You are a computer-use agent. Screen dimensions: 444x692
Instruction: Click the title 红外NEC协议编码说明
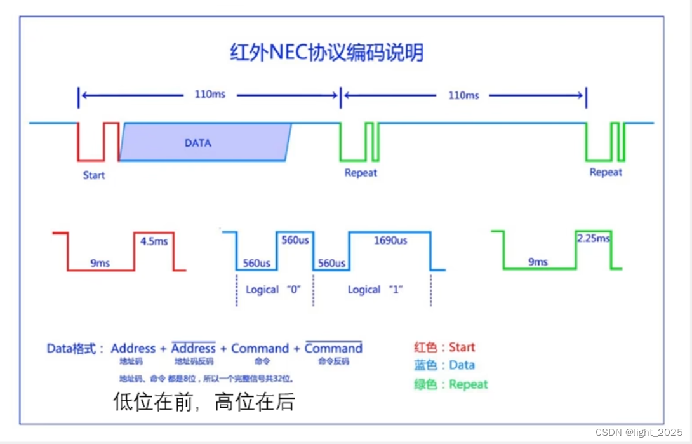coord(326,53)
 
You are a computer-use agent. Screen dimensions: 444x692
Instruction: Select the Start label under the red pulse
coord(94,175)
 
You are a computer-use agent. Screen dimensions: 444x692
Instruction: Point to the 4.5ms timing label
coord(154,241)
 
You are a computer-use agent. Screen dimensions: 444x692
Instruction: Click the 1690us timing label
coord(390,241)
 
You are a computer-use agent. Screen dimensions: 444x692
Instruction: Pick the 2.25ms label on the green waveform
coord(594,239)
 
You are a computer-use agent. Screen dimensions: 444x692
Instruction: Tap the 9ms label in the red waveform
coord(100,263)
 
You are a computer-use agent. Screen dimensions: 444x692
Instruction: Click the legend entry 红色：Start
coord(444,347)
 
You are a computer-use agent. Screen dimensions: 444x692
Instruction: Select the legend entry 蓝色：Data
coord(444,365)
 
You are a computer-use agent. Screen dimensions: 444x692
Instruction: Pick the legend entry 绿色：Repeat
coord(451,384)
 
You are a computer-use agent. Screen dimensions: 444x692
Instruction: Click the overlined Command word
coord(333,348)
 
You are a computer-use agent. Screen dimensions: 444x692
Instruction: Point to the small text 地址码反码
coord(194,361)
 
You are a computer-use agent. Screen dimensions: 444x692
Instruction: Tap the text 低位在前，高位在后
coord(204,401)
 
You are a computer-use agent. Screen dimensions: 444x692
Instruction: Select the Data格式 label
coord(72,349)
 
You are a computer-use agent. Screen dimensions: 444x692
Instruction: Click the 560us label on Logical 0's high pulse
coord(294,241)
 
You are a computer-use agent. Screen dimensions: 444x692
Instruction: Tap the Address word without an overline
coord(133,348)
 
